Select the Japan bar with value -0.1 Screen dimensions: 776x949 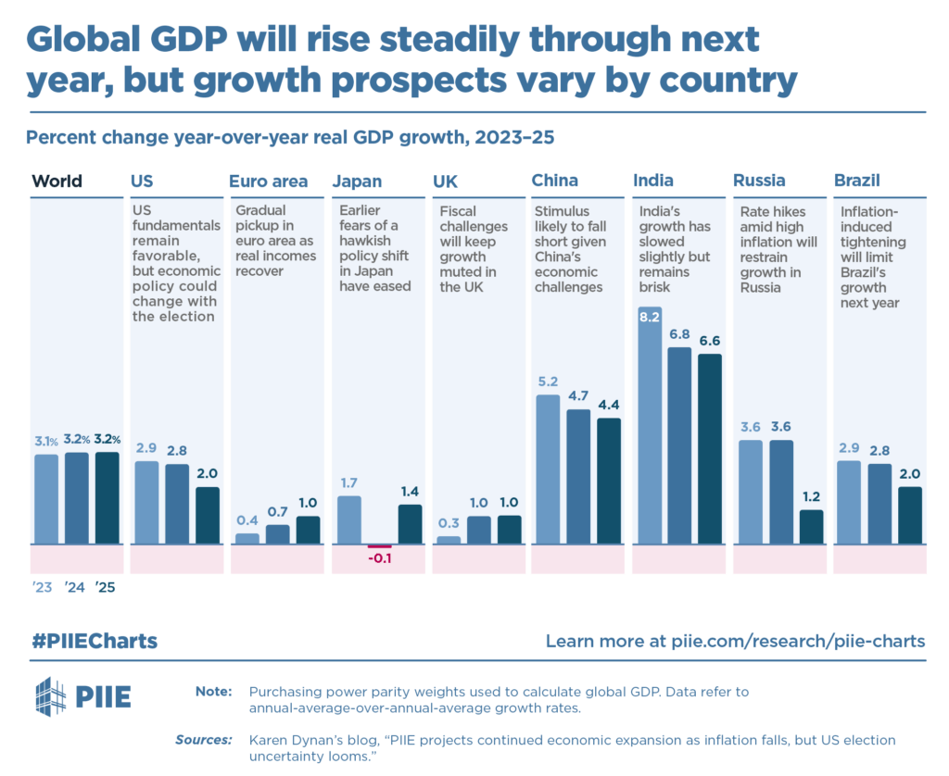click(379, 546)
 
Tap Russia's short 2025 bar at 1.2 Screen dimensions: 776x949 click(811, 527)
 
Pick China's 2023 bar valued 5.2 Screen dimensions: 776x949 click(549, 469)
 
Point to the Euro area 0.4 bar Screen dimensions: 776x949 click(247, 538)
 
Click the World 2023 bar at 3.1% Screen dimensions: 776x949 click(46, 498)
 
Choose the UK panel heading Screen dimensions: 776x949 click(445, 181)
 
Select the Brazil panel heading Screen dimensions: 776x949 click(857, 181)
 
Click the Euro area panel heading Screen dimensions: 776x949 click(269, 181)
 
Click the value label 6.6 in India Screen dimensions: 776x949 click(710, 340)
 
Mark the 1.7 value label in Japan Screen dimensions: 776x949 click(348, 482)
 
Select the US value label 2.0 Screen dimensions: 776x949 click(207, 473)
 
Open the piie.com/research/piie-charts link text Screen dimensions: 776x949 click(796, 641)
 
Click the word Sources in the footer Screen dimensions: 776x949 click(204, 739)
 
